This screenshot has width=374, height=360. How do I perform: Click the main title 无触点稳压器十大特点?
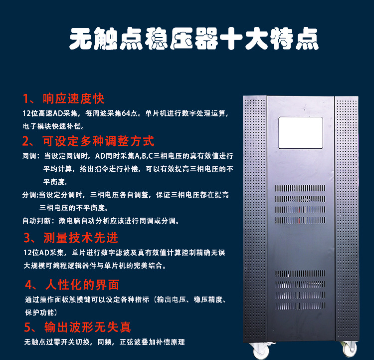(x=194, y=39)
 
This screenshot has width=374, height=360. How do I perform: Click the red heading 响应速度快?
(x=73, y=98)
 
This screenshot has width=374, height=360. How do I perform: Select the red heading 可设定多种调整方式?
(x=98, y=141)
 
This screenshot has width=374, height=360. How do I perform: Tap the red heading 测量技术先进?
(x=81, y=238)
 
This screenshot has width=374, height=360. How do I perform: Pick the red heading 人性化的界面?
(x=82, y=285)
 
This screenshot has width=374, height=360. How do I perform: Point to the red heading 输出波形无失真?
(x=88, y=327)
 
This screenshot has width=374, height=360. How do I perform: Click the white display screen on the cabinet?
(x=301, y=133)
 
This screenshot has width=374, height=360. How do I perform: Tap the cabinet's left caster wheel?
(x=261, y=351)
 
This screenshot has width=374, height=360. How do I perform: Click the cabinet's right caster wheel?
(x=350, y=349)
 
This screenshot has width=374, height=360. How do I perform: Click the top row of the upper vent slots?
(x=300, y=188)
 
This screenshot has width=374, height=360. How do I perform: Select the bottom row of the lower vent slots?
(x=300, y=306)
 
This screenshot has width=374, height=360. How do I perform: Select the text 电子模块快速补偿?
(x=52, y=126)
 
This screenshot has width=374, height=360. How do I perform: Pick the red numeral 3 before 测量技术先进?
(x=27, y=238)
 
